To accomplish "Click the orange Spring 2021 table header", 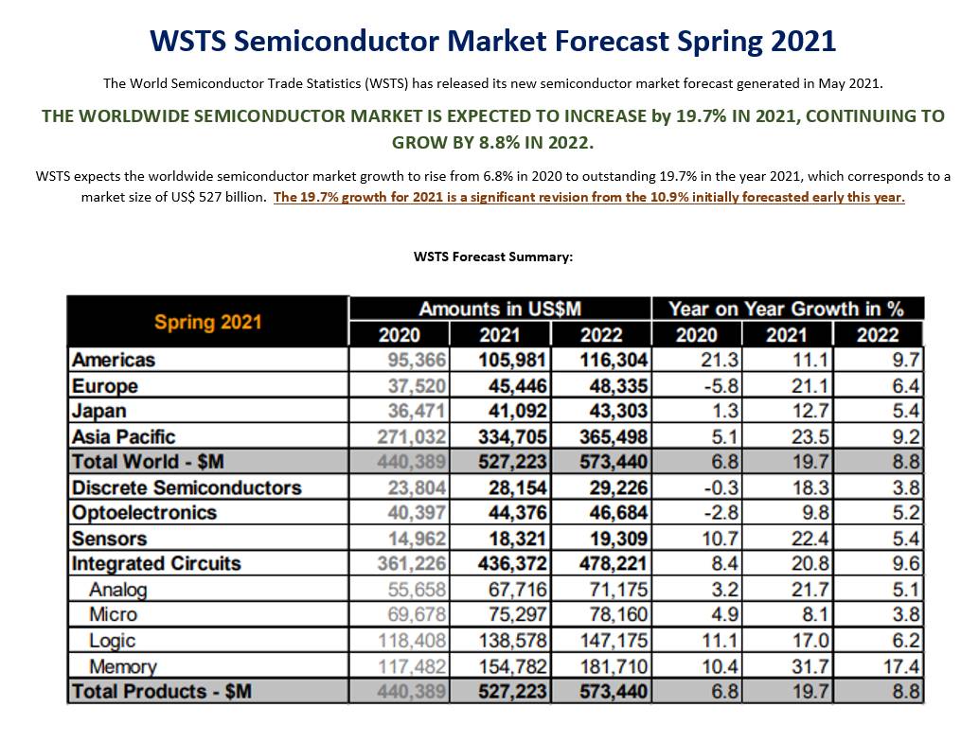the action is click(208, 322).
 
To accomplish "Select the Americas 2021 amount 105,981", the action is click(512, 361).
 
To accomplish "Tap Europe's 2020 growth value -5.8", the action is click(721, 386).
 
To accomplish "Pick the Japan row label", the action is click(99, 411).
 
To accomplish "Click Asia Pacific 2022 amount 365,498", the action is click(614, 436).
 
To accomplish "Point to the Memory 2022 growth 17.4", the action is click(901, 667).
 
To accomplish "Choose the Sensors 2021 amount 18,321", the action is click(518, 539).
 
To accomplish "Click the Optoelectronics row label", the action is click(144, 513).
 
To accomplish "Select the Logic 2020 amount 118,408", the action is click(412, 641).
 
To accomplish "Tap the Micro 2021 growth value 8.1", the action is click(815, 615).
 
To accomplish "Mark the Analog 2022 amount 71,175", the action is click(619, 590).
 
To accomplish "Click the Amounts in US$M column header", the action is click(500, 310).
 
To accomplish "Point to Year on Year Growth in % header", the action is click(787, 310).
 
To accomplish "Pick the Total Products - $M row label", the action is click(162, 692).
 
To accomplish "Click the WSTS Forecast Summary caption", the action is click(493, 257).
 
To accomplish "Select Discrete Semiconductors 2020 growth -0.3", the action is click(721, 487).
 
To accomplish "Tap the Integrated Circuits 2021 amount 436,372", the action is click(512, 564).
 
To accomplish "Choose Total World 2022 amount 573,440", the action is click(614, 462).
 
